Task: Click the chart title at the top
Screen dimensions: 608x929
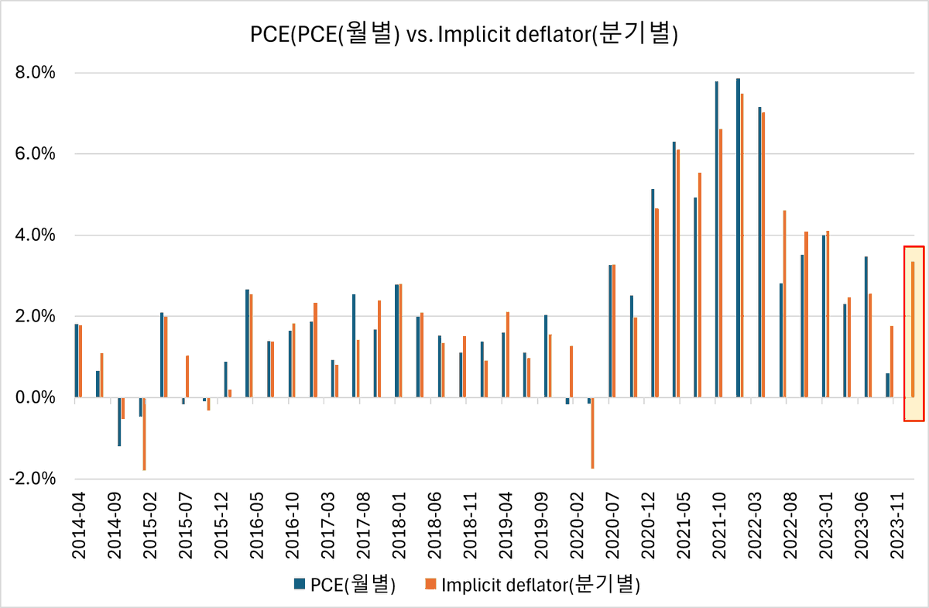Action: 464,36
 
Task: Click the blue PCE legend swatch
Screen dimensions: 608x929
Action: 298,585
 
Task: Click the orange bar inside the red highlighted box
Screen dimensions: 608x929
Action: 914,329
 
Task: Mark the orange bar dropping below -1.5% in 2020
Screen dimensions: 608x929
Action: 593,433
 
